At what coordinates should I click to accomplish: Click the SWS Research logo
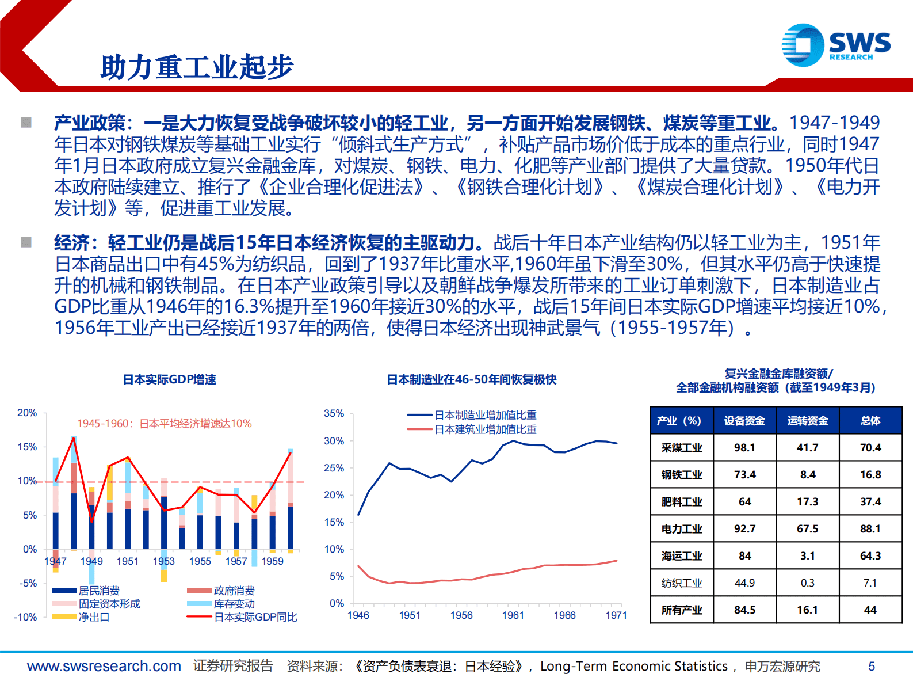(x=835, y=45)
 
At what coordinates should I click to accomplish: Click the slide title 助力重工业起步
(x=197, y=67)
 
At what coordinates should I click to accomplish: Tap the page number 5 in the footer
(x=871, y=666)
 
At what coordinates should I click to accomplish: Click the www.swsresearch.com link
(x=104, y=666)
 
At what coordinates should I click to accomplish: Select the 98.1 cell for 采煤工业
(x=744, y=447)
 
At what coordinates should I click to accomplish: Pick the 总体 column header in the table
(x=870, y=421)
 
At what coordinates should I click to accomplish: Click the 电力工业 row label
(x=682, y=528)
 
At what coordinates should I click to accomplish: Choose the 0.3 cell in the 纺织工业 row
(x=807, y=583)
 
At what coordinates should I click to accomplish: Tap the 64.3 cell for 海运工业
(x=870, y=555)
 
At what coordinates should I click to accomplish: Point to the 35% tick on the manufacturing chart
(x=334, y=413)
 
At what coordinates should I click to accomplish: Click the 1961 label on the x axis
(x=513, y=615)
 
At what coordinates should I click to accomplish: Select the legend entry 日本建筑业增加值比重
(x=485, y=429)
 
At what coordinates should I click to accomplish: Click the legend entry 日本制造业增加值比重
(x=485, y=415)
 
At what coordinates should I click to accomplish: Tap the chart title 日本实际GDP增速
(x=170, y=379)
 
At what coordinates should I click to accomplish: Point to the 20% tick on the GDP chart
(x=27, y=413)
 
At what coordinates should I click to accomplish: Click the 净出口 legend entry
(x=94, y=617)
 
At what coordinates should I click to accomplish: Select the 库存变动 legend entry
(x=234, y=604)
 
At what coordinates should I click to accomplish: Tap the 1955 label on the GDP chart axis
(x=200, y=561)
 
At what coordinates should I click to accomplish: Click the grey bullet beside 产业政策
(x=26, y=123)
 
